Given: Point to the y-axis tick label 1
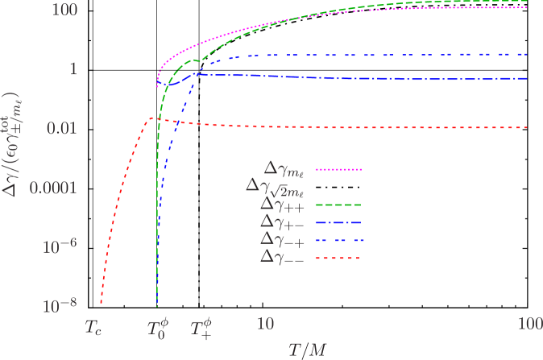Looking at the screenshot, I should point(71,69).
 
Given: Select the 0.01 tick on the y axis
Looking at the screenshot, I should point(60,129).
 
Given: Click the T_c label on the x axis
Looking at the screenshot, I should point(95,328).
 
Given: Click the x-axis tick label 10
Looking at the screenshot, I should point(265,323).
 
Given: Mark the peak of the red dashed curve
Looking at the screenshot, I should point(155,119).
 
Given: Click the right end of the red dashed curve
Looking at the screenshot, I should point(526,128).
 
